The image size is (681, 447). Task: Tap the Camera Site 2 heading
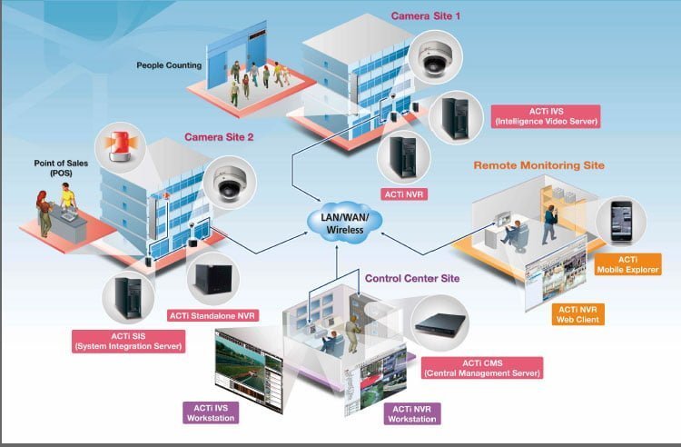[x=219, y=137]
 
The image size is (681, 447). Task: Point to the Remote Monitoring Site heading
[x=538, y=165]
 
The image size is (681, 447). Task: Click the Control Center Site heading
[x=412, y=278]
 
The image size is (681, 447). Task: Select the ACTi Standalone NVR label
[x=212, y=316]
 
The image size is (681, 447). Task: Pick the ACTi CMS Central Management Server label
[x=483, y=368]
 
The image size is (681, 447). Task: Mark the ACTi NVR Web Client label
[x=577, y=314]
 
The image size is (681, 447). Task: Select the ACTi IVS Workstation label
[x=211, y=412]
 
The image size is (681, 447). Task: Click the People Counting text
[x=170, y=65]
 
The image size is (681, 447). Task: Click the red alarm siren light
[x=121, y=144]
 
